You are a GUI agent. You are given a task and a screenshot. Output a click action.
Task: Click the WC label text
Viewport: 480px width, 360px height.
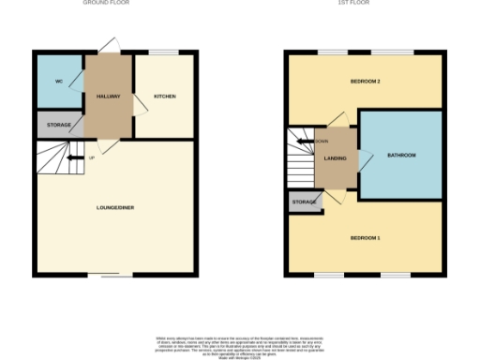[x=58, y=82]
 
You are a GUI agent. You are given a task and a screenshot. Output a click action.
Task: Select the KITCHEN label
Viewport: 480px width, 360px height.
[x=165, y=96]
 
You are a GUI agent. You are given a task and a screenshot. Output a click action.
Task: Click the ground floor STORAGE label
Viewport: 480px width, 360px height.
[x=59, y=125]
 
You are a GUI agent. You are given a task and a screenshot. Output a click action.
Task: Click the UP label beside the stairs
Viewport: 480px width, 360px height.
[x=92, y=157]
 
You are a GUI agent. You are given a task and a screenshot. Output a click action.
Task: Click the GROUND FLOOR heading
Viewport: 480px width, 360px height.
[x=107, y=4]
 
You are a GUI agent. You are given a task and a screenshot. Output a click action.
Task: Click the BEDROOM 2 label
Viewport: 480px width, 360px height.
[x=365, y=82]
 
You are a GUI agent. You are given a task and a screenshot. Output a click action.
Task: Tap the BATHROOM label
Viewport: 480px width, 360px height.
[x=401, y=155]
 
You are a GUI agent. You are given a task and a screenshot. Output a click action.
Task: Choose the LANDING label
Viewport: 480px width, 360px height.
[x=335, y=158]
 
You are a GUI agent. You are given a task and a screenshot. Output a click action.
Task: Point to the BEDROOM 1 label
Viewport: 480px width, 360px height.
[x=365, y=238]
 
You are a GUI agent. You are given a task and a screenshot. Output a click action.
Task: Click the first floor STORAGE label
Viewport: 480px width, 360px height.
[x=303, y=202]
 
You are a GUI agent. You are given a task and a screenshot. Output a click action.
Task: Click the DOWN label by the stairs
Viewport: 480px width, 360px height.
[x=322, y=142]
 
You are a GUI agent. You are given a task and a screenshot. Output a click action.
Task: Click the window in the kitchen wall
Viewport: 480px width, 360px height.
[x=165, y=52]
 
